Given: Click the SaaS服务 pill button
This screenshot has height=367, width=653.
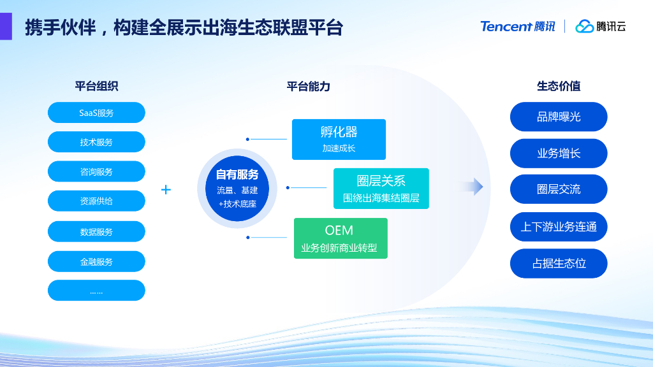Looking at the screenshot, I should coord(96,113).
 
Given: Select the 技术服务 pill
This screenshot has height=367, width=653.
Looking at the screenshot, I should coord(96,142).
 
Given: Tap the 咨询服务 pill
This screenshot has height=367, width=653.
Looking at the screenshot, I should coord(96,171).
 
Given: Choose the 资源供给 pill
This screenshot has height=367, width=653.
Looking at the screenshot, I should coord(96,201).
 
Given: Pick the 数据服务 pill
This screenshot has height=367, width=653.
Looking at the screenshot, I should coord(96,232).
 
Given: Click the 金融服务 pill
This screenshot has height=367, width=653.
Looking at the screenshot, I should coord(96,261).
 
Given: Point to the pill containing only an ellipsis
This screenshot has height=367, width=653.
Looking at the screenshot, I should coord(96,291).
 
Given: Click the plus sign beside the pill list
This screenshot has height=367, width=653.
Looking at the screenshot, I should coord(166,189).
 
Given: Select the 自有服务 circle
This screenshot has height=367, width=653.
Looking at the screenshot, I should coord(237,189).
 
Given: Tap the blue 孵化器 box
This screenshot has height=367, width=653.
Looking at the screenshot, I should coord(339,139).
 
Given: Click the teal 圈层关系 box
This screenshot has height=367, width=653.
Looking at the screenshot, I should coord(381,188).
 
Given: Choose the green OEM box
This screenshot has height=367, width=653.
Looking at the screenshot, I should coord(341,238).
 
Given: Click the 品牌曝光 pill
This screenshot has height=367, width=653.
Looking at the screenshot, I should coord(559,117).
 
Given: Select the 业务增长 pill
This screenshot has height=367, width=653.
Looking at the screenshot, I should coord(559,153).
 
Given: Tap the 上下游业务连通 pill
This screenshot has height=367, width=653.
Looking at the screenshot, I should coord(559,226).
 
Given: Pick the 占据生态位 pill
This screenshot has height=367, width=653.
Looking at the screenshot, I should coord(559,263).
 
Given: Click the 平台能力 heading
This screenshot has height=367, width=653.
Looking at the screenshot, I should coord(309,87).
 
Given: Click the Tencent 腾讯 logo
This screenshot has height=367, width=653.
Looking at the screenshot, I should coord(517,26).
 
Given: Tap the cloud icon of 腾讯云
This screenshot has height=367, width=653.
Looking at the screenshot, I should coord(584,26).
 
